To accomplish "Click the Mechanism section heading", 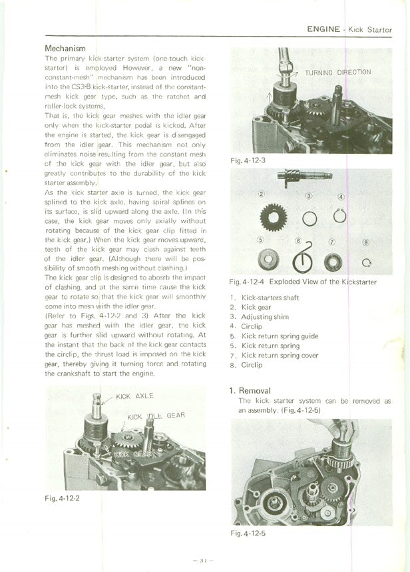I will tap(65, 49).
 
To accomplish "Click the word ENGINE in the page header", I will tap(324, 29).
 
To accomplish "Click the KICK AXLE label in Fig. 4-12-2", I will tap(135, 396).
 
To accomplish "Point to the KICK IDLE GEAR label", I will tap(156, 416).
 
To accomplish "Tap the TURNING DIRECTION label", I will tap(338, 72).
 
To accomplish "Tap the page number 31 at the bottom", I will tap(202, 560).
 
